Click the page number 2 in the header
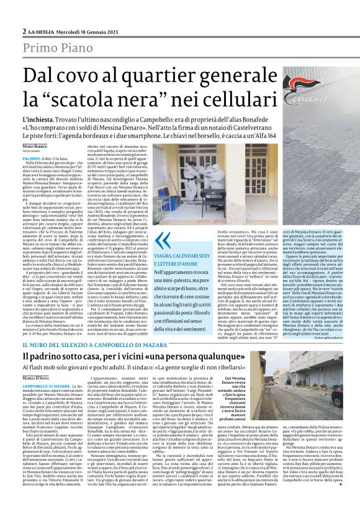(23, 32)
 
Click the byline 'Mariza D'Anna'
(36, 378)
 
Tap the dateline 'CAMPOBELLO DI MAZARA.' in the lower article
(49, 386)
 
